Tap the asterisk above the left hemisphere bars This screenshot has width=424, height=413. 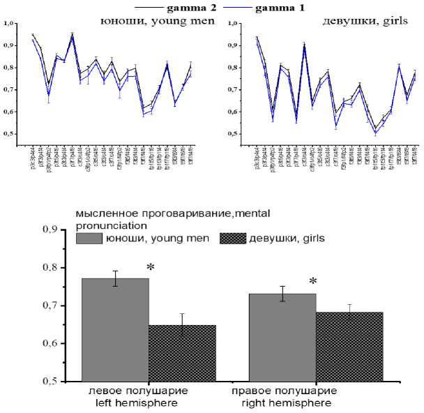pyautogui.click(x=150, y=269)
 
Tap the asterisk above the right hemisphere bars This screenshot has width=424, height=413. pyautogui.click(x=313, y=282)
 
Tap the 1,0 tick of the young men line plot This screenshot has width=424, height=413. pyautogui.click(x=8, y=24)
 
